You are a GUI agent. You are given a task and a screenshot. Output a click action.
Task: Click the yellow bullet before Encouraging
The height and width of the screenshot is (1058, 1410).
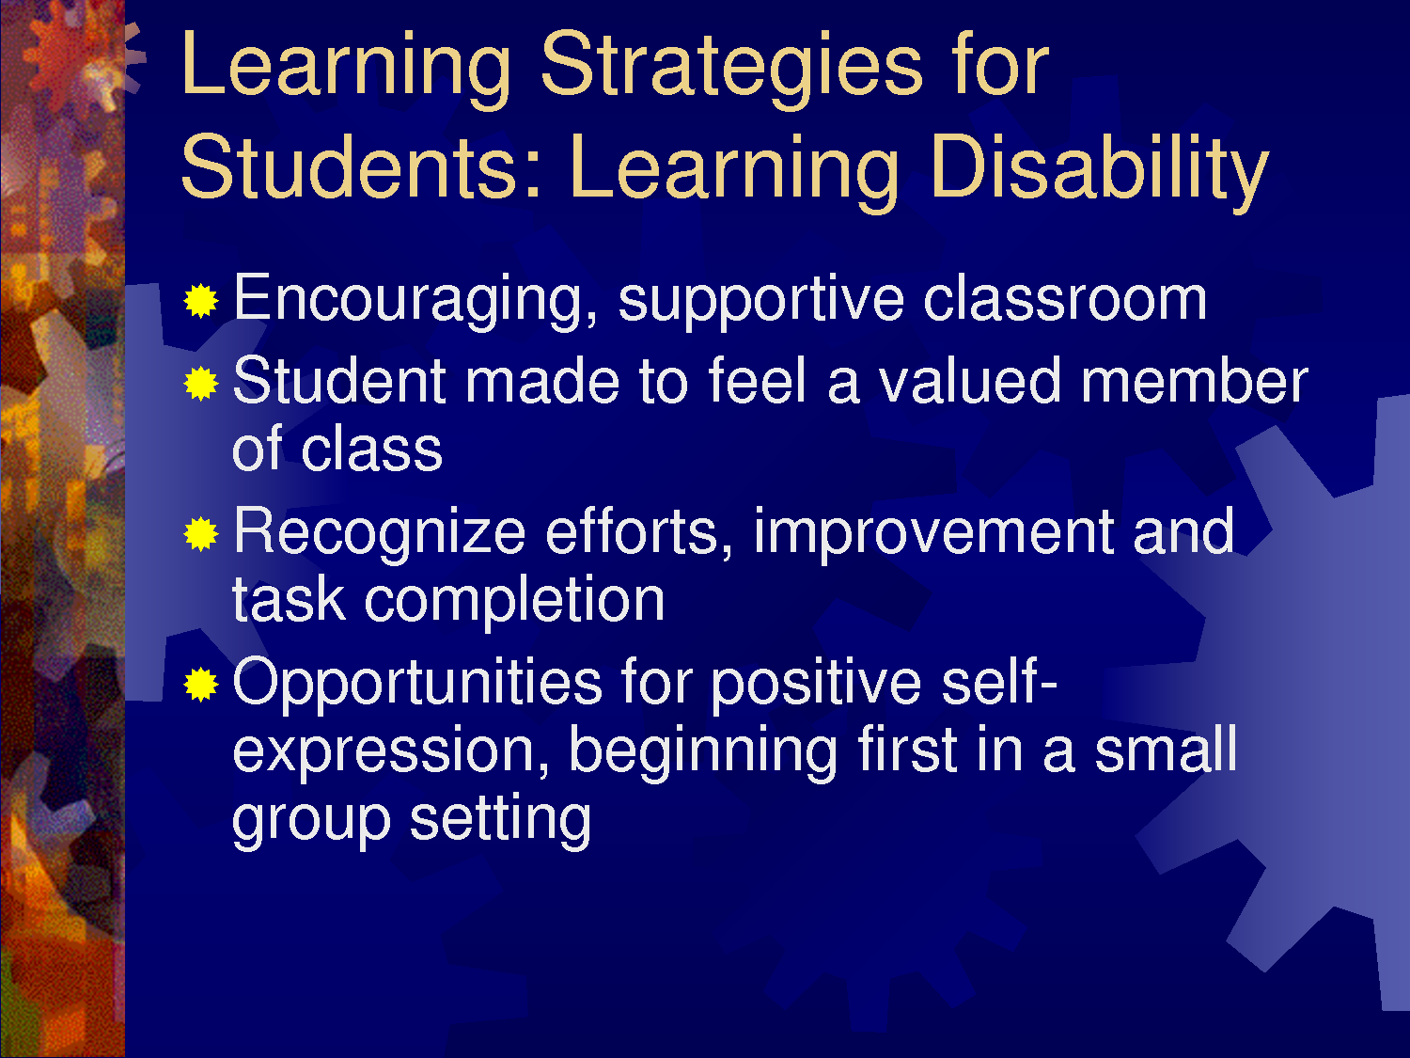(x=201, y=300)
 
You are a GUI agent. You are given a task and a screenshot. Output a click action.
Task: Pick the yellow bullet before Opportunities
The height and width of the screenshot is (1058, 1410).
(x=201, y=684)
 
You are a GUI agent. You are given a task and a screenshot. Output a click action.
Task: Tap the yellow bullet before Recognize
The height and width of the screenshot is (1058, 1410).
(x=201, y=534)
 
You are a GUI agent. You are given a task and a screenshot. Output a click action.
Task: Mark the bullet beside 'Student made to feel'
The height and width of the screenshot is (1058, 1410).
(x=201, y=384)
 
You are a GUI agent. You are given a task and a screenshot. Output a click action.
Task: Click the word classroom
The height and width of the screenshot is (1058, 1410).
(x=1065, y=299)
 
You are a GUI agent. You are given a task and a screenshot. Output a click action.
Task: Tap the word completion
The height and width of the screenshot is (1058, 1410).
(x=514, y=602)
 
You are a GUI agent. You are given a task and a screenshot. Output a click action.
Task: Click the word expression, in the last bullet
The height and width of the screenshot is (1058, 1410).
(x=391, y=752)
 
